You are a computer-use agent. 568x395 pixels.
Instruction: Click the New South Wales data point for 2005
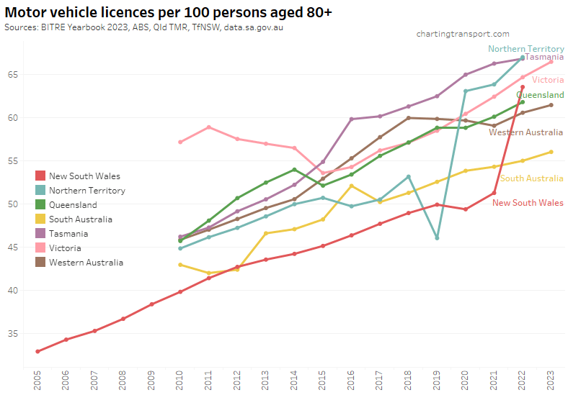[37, 351]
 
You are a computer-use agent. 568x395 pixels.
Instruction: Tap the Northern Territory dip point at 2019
[437, 237]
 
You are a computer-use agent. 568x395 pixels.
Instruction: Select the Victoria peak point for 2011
[208, 127]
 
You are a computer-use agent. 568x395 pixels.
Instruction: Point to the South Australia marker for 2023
[551, 152]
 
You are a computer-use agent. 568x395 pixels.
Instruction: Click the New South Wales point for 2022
[523, 87]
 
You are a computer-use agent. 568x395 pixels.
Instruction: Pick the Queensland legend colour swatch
[40, 205]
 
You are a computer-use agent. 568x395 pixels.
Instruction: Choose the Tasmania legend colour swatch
[40, 234]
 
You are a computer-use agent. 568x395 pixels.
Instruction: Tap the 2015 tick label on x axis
[323, 379]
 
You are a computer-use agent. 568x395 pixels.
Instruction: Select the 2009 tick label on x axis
[151, 379]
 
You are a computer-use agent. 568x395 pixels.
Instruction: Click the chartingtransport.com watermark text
[463, 34]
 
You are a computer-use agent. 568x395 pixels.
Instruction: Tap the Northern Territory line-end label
[525, 49]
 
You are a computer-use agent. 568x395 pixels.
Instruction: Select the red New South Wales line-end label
[528, 203]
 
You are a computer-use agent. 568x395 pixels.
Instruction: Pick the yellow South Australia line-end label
[531, 178]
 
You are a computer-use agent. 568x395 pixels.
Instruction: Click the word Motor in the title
[25, 14]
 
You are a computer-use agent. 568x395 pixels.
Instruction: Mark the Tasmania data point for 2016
[351, 119]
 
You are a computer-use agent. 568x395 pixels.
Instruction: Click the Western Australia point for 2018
[408, 118]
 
